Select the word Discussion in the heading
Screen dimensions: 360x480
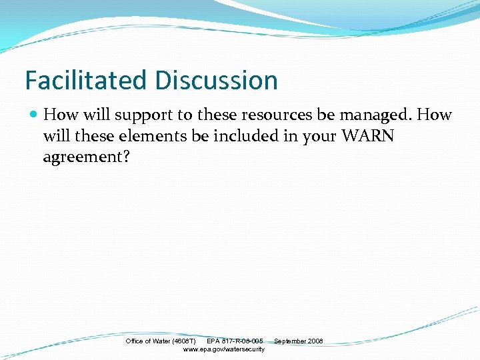tap(216, 81)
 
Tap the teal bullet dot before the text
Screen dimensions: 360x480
tap(34, 115)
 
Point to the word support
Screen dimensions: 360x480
tap(141, 115)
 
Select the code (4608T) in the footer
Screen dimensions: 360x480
tap(183, 341)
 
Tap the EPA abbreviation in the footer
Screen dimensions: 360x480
tap(213, 341)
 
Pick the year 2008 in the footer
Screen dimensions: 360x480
tap(315, 341)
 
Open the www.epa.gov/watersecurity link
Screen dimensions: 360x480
tap(223, 349)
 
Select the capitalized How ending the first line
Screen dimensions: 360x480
tap(436, 115)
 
